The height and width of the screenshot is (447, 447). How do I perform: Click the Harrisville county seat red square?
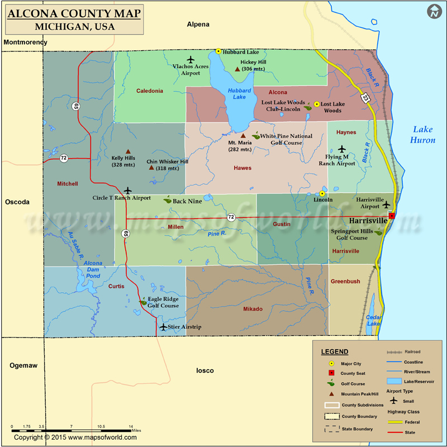[392, 216]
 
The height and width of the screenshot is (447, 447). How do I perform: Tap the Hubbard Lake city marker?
[218, 51]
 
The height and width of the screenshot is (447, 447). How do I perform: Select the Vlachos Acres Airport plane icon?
[191, 59]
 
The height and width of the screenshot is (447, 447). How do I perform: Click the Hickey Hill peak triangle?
[237, 69]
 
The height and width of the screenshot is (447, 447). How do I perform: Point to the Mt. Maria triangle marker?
[242, 136]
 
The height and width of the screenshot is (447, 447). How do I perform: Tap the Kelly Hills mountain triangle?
[128, 151]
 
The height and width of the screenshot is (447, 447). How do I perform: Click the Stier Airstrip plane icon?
[163, 327]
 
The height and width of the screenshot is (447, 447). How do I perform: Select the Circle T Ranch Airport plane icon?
[128, 191]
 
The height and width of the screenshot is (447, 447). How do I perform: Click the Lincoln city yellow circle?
[322, 193]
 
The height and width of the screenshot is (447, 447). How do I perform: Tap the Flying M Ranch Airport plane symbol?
[342, 149]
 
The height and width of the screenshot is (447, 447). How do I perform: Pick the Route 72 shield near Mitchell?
[64, 158]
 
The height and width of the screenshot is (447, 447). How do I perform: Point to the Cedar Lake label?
[373, 320]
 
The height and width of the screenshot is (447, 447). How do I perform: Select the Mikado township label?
[253, 309]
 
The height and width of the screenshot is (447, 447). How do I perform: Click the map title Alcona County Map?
[74, 13]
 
